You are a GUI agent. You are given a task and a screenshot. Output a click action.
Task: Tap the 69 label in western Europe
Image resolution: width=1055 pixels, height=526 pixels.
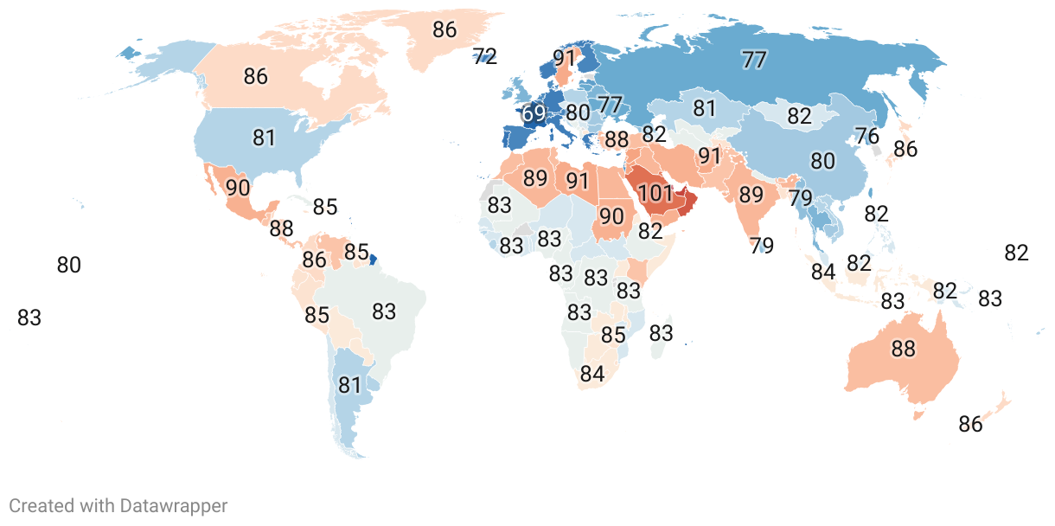click(534, 113)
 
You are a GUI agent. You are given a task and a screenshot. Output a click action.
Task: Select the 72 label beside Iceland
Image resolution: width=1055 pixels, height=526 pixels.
click(485, 57)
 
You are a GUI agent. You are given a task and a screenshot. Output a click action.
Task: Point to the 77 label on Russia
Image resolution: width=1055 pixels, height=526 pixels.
click(754, 60)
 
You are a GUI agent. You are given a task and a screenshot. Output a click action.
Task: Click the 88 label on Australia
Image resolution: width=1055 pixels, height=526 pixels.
click(903, 349)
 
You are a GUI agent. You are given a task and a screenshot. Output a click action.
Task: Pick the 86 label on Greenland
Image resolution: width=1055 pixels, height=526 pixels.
click(444, 29)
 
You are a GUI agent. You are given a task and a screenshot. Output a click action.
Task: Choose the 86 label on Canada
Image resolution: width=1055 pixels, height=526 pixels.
click(255, 75)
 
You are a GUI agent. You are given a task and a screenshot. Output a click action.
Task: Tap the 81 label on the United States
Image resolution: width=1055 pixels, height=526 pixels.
click(264, 138)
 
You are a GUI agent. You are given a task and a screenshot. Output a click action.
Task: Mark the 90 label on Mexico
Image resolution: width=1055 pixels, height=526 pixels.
click(238, 187)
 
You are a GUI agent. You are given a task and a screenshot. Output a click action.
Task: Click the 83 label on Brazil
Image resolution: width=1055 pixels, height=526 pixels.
click(384, 311)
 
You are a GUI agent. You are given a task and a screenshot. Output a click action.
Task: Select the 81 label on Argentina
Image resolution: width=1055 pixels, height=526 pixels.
click(349, 385)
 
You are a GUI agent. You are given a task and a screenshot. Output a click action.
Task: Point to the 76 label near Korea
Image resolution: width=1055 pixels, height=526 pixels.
click(866, 136)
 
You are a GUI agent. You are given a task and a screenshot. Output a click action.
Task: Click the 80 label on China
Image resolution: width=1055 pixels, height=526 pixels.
click(823, 161)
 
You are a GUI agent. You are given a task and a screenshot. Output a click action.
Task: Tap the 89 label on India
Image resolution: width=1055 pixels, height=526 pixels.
click(751, 195)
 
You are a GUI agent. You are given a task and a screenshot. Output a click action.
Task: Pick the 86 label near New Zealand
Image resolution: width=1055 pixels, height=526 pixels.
click(971, 424)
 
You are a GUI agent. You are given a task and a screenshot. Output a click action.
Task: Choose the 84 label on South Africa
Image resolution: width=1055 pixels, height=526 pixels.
click(592, 375)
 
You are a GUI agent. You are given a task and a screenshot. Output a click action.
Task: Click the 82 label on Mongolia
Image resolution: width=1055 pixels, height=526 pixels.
click(799, 116)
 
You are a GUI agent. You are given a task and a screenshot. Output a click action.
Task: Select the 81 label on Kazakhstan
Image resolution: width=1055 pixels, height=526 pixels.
click(705, 109)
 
